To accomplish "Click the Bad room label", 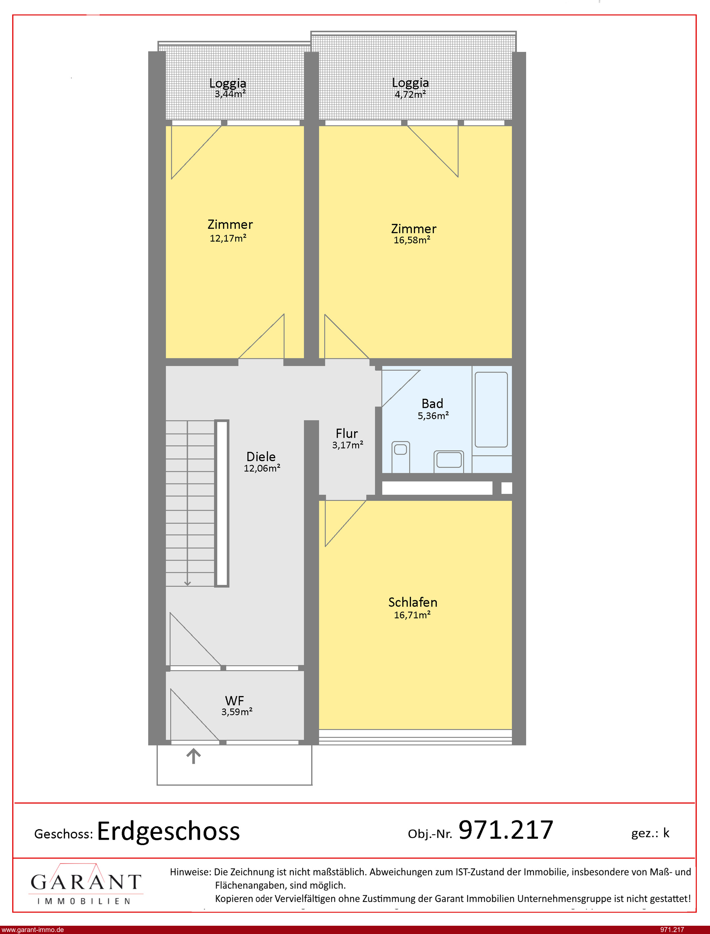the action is (x=432, y=403).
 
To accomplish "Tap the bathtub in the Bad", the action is (x=491, y=409).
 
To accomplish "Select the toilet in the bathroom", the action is (x=401, y=457).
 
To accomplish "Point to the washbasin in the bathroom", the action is (x=449, y=461).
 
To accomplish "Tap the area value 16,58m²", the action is (x=412, y=240).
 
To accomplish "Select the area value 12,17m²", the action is (x=228, y=238).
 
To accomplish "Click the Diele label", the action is (x=261, y=457).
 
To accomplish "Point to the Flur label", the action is (x=347, y=433).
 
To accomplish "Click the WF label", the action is (x=234, y=701).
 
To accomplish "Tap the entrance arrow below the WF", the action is (x=193, y=756).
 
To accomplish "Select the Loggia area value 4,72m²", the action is (x=410, y=95).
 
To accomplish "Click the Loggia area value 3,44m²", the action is (x=230, y=94).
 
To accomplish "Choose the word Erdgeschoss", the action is (x=169, y=832).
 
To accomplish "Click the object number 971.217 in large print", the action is (x=506, y=830).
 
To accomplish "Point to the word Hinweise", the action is (x=190, y=872).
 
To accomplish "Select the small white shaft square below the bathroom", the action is (x=507, y=488).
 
